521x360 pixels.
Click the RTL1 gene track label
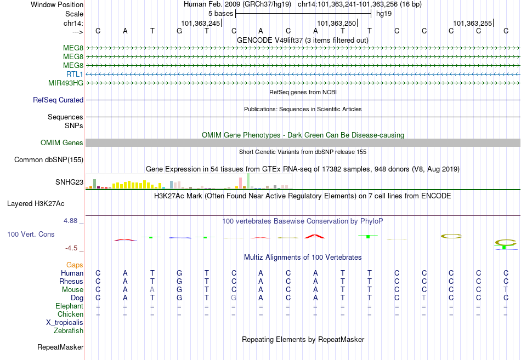[x=75, y=74]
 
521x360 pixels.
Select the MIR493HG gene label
[x=66, y=83]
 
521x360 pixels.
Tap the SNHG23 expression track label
[x=70, y=182]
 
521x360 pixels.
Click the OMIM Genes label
[x=62, y=142]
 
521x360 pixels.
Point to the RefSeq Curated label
[x=58, y=100]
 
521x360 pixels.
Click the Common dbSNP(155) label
[x=49, y=160]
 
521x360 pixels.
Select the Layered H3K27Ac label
[x=36, y=204]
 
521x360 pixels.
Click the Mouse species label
[x=72, y=290]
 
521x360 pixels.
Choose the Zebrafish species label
[x=69, y=331]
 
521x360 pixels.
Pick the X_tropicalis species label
[x=65, y=323]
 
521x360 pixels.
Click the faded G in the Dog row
[x=234, y=298]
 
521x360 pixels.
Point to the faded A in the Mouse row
[x=152, y=290]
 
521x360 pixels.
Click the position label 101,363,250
[x=337, y=23]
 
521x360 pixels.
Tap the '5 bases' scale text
[x=221, y=14]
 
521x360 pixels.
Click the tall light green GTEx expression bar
[x=248, y=181]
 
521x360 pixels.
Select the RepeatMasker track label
[x=60, y=347]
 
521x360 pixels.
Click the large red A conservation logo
[x=315, y=237]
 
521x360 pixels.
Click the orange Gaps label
[x=75, y=265]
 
